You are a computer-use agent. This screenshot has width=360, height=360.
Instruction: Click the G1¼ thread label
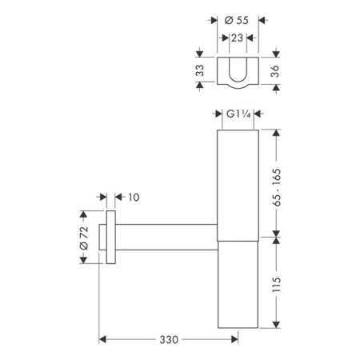[238, 117]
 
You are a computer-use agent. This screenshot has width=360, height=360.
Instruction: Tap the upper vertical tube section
[238, 184]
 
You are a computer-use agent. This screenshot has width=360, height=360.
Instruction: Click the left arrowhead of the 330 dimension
[102, 340]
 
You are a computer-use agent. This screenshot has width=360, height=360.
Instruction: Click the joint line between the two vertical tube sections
[238, 238]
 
